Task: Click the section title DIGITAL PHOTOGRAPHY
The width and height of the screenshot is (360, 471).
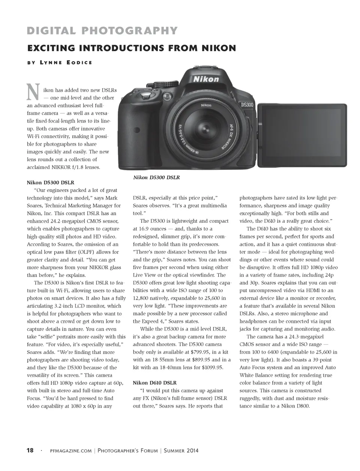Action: click(x=102, y=31)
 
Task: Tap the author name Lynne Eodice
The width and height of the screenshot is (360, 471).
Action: click(x=66, y=62)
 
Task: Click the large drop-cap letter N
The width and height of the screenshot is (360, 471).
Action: click(x=33, y=92)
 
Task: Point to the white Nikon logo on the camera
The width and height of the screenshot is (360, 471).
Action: click(x=206, y=79)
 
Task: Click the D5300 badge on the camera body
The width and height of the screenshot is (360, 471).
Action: click(x=248, y=105)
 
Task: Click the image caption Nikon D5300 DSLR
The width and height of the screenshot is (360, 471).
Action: click(x=156, y=177)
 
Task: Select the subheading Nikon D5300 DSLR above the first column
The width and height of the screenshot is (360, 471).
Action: click(x=50, y=183)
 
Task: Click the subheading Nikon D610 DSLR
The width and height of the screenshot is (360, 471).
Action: click(x=154, y=383)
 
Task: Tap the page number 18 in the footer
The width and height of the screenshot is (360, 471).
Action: click(x=30, y=450)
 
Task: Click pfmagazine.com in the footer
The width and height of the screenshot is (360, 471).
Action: click(x=70, y=451)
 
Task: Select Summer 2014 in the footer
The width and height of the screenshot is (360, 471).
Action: click(x=181, y=451)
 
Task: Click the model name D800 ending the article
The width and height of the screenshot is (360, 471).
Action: click(x=302, y=406)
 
